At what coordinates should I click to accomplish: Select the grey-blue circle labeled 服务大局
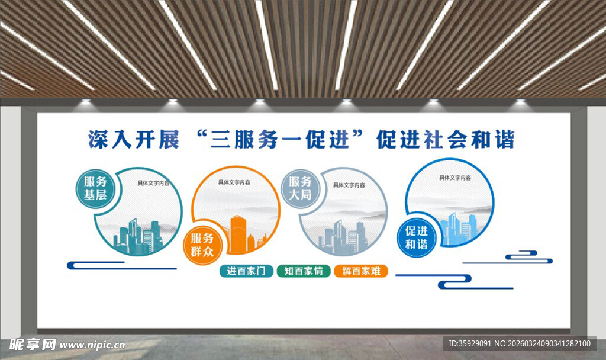click(x=300, y=188)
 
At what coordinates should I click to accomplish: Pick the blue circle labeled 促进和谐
click(x=417, y=237)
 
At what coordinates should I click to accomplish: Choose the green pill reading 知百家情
click(x=303, y=271)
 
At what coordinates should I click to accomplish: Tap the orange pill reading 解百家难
click(x=360, y=271)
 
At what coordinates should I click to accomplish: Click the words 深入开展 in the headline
click(x=133, y=140)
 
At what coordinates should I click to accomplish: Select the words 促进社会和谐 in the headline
click(x=445, y=140)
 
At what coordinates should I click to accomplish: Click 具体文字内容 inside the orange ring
click(x=234, y=183)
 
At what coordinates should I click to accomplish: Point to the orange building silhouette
click(x=238, y=233)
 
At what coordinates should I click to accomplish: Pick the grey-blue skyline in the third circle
click(x=343, y=237)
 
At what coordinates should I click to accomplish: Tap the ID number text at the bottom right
click(x=520, y=343)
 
